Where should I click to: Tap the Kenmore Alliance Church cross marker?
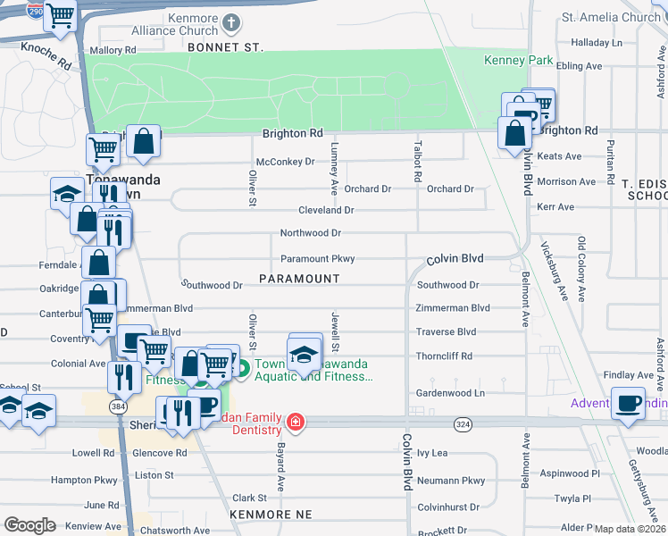tap(230, 22)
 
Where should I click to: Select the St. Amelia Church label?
tap(611, 17)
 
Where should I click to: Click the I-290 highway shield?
tap(34, 11)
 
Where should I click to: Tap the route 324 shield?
tap(462, 423)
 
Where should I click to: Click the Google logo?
tap(29, 525)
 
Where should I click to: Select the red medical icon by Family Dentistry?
tap(295, 421)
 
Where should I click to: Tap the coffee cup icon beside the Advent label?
tap(628, 404)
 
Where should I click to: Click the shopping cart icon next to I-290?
tap(61, 15)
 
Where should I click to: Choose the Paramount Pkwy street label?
tap(318, 259)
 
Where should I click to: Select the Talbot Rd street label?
tap(416, 161)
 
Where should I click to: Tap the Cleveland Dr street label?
tap(326, 211)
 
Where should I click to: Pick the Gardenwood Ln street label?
tap(450, 393)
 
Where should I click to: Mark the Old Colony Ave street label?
tap(580, 267)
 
